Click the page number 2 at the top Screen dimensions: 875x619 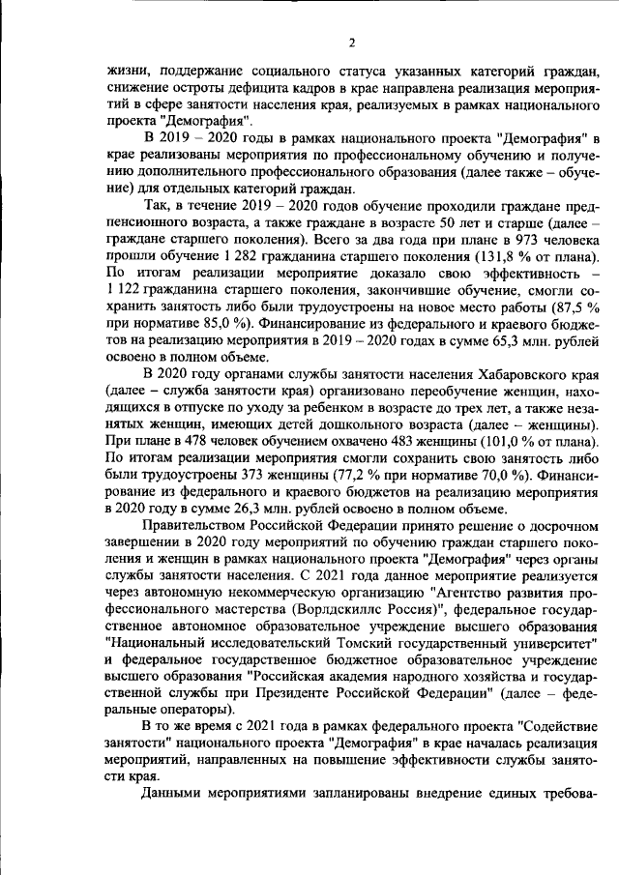click(x=352, y=43)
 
